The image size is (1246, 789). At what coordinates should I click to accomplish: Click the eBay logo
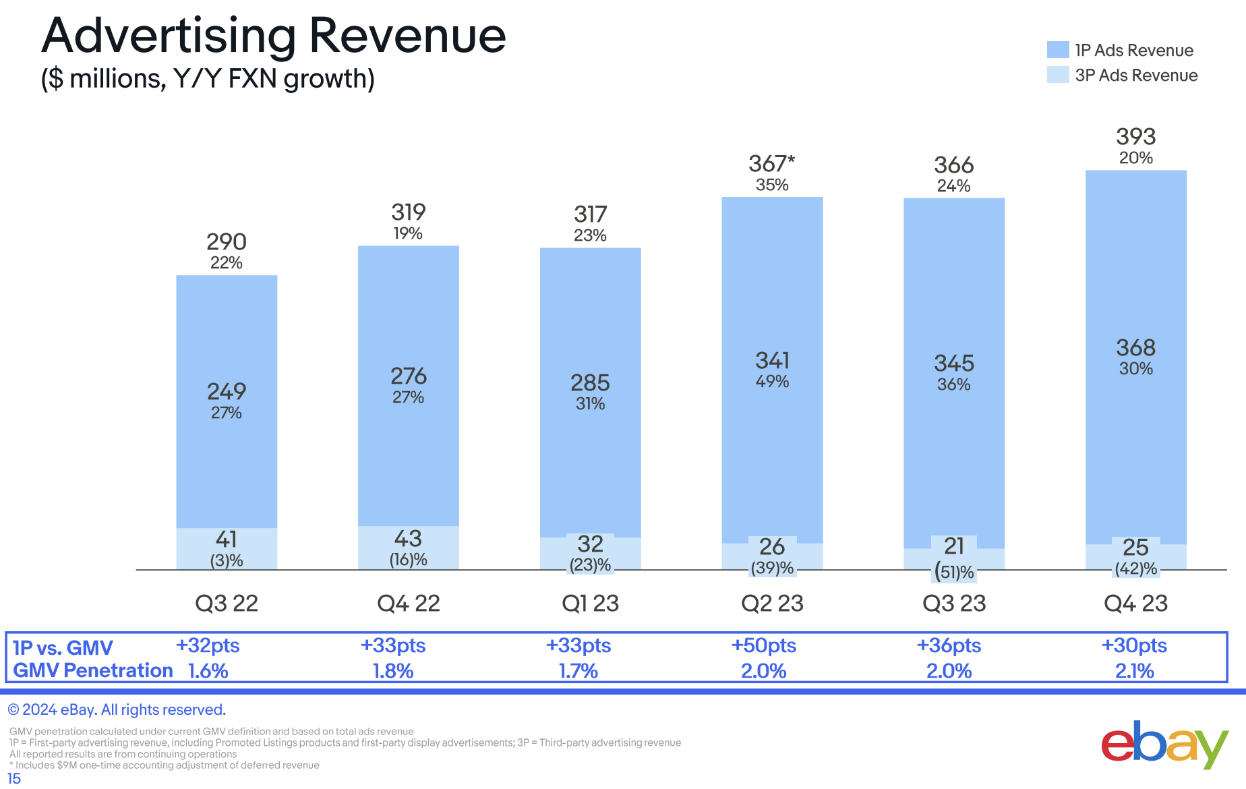(x=1164, y=744)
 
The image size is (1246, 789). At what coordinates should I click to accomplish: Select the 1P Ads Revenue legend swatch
(x=1057, y=50)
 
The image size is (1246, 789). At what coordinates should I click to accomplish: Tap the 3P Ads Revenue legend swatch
(x=1057, y=75)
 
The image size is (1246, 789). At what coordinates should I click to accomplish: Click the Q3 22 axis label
(x=227, y=603)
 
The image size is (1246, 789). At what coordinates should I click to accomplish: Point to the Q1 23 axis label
(x=590, y=603)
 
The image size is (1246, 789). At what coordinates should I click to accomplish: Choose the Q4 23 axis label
(x=1135, y=603)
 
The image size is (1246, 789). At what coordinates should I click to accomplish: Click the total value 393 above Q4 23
(x=1135, y=137)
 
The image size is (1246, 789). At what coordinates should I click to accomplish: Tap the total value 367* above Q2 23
(x=771, y=164)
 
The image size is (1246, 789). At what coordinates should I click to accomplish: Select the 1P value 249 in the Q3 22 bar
(x=227, y=391)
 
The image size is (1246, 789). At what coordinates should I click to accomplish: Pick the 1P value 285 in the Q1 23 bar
(x=590, y=383)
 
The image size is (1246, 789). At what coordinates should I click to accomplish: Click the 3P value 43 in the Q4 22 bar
(x=408, y=539)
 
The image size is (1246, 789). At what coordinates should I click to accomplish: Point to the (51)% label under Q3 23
(x=954, y=573)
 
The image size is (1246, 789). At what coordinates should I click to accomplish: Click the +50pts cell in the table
(x=764, y=645)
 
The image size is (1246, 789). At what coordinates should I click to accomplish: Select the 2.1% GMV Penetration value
(x=1135, y=671)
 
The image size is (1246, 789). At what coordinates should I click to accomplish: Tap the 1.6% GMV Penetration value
(x=208, y=671)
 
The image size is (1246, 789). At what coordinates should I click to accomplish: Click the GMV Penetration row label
(x=93, y=670)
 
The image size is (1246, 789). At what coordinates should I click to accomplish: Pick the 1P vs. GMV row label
(x=63, y=647)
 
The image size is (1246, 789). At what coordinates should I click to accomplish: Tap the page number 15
(x=13, y=779)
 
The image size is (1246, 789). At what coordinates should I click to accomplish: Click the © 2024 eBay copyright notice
(x=117, y=709)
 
